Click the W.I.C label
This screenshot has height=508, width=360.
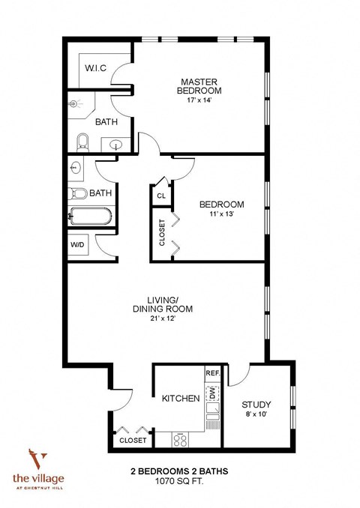pos(95,68)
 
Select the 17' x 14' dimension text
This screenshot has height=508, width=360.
pos(201,101)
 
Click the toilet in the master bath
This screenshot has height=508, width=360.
pos(83,141)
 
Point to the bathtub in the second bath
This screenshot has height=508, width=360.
pos(91,217)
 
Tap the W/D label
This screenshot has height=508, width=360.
pos(77,245)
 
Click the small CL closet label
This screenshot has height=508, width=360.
pos(160,196)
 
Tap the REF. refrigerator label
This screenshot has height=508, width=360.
pos(211,372)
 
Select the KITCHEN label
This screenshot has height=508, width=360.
pos(181,399)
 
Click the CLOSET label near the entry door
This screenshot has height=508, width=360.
pos(133,441)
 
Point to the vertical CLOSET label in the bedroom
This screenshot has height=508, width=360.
pos(162,232)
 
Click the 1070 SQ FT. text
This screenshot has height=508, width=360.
pos(178,483)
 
